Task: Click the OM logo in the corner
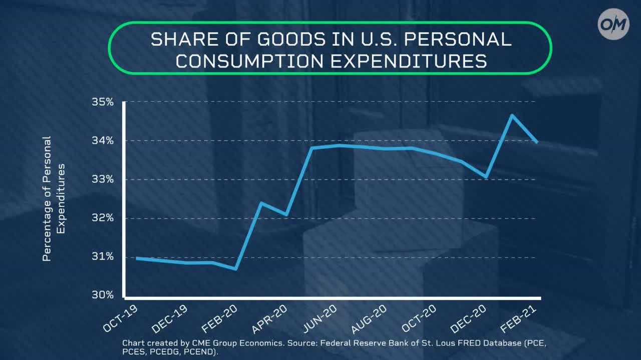613,24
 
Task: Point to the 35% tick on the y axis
103,102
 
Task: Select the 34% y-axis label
103,141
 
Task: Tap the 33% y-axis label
103,179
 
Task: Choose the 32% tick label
103,218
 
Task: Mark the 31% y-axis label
103,257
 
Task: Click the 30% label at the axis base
103,295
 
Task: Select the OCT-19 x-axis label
120,318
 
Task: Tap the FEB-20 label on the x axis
219,318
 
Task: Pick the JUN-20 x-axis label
320,318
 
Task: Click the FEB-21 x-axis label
518,318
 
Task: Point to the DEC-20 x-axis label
468,318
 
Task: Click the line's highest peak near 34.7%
512,115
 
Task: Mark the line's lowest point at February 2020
235,269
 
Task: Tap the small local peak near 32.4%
261,203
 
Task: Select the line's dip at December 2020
486,177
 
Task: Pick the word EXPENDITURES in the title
409,61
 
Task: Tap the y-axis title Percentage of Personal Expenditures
54,199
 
